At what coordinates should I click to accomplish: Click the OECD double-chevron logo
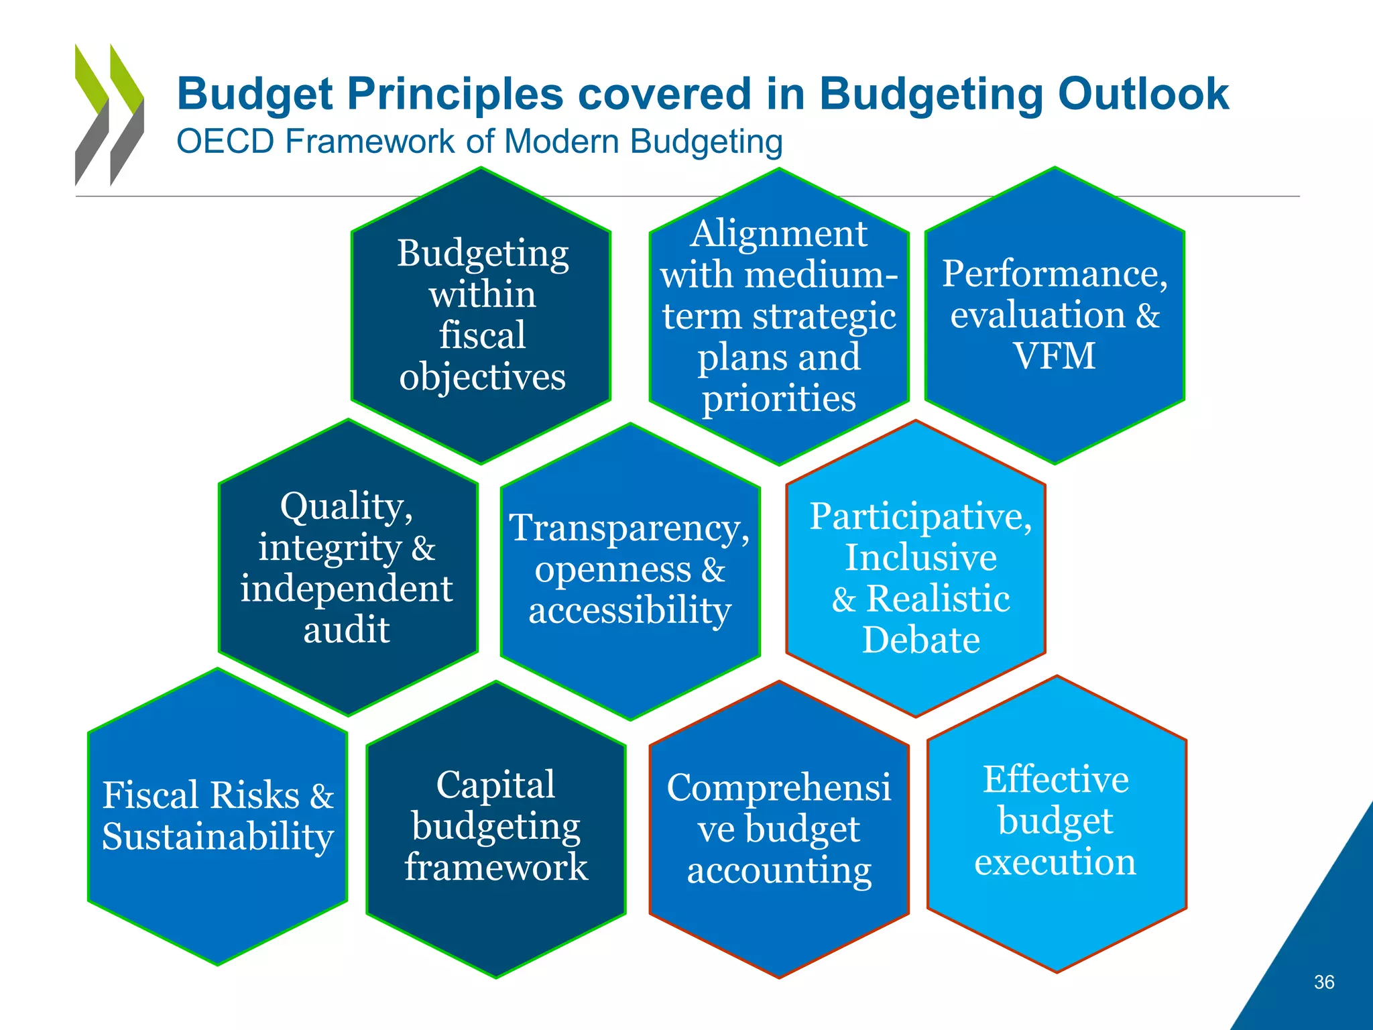(x=109, y=115)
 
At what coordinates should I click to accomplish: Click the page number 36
(x=1323, y=982)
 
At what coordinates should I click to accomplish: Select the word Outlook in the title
(x=1142, y=94)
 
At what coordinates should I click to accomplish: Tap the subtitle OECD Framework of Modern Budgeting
(x=479, y=141)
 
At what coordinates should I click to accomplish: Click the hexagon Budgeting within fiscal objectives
(x=481, y=314)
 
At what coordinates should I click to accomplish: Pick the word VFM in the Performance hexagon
(x=1054, y=355)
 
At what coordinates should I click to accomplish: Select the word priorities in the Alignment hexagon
(x=778, y=398)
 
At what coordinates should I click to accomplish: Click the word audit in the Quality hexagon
(x=347, y=630)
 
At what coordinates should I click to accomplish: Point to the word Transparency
(x=629, y=528)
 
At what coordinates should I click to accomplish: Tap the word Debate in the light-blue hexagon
(x=920, y=640)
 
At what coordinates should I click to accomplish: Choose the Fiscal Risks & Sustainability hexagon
(x=217, y=816)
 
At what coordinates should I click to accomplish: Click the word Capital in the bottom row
(x=495, y=785)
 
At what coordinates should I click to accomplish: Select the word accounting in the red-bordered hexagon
(x=779, y=870)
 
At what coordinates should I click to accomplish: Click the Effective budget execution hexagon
(x=1056, y=821)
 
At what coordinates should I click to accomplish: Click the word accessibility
(x=630, y=610)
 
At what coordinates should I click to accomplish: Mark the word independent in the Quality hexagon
(x=347, y=589)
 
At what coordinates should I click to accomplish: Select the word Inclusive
(x=920, y=557)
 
